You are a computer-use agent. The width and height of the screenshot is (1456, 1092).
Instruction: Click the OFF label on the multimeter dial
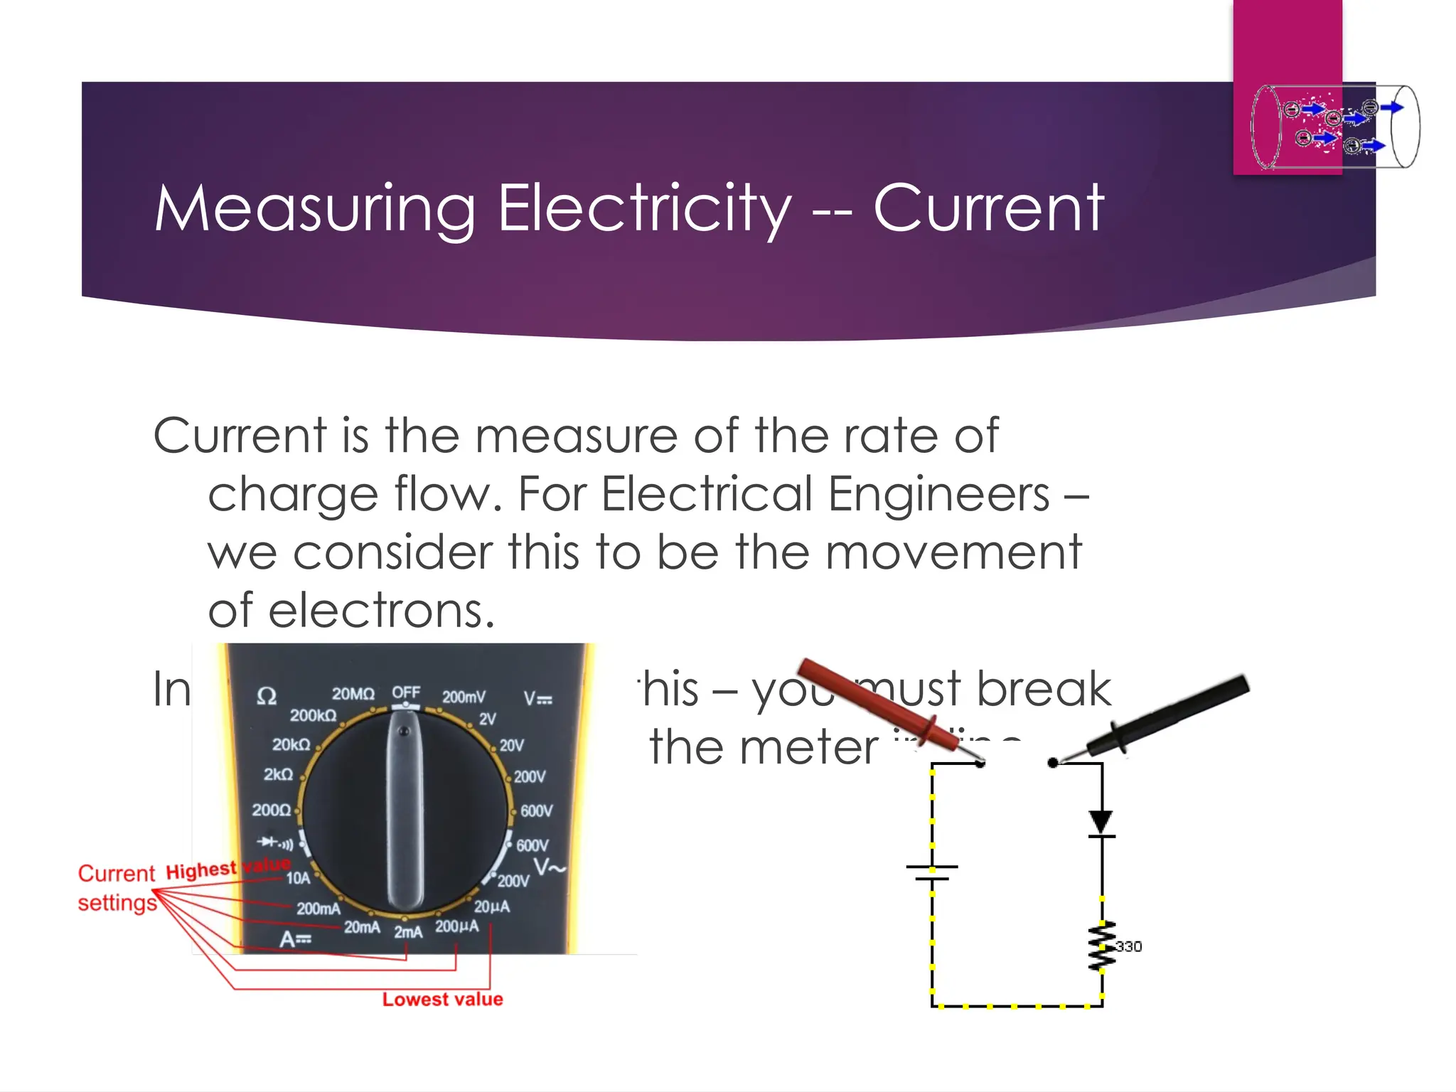(x=406, y=692)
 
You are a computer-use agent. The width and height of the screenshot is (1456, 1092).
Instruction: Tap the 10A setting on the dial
(x=298, y=878)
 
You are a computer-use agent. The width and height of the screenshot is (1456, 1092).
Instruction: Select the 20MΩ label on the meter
(x=353, y=693)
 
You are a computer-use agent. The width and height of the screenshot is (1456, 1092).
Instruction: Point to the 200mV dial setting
(x=464, y=697)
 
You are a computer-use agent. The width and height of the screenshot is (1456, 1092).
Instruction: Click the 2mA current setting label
(x=408, y=931)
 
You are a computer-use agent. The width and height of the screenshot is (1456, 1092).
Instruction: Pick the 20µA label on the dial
(x=492, y=906)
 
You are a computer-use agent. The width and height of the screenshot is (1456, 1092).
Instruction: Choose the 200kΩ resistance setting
(x=313, y=715)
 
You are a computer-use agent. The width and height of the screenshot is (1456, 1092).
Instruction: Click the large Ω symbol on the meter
(x=267, y=696)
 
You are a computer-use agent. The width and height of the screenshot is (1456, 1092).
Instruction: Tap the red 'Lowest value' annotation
(x=442, y=999)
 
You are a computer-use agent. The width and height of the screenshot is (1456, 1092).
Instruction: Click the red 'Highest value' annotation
(x=227, y=868)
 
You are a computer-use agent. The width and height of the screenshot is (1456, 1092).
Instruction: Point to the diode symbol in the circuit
(x=1101, y=823)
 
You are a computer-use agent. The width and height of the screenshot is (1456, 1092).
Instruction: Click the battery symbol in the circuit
(x=932, y=872)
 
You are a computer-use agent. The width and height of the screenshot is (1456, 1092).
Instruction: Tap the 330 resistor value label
(x=1128, y=946)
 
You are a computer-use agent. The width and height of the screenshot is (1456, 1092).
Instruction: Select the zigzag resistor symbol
(x=1102, y=946)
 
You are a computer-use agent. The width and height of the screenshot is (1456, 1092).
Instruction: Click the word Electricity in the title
(x=644, y=208)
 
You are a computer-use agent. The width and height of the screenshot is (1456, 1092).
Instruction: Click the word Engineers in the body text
(x=938, y=493)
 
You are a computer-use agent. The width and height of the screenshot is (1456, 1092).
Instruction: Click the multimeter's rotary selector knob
(x=405, y=810)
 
